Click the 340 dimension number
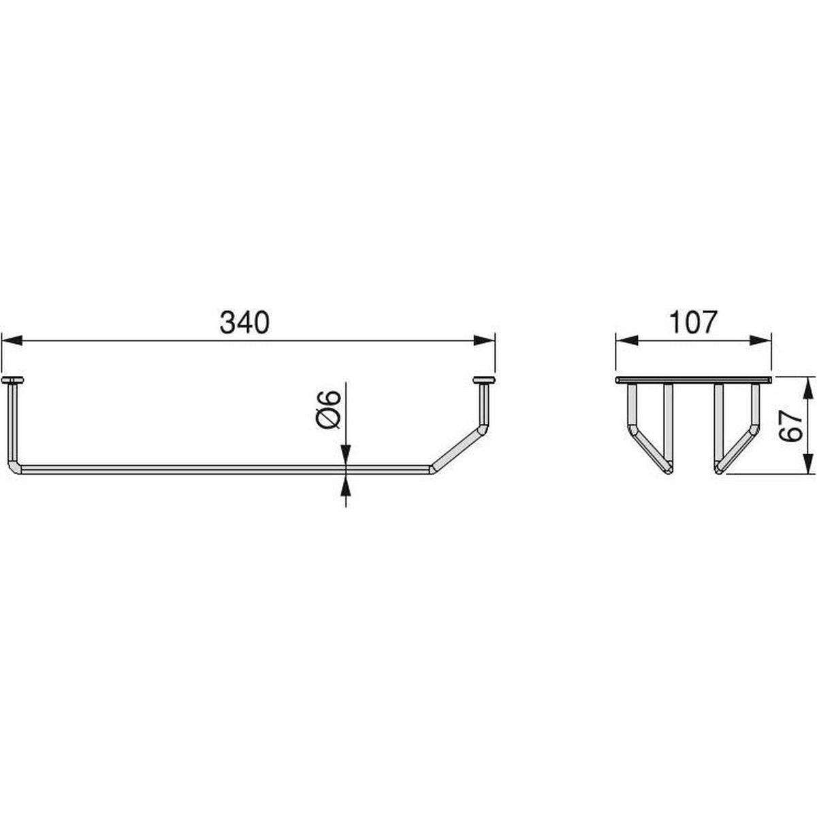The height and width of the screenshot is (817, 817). (x=244, y=323)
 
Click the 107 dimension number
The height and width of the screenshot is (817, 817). (x=692, y=323)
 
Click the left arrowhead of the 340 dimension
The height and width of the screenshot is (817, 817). (x=12, y=340)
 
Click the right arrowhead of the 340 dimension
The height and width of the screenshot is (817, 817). (x=485, y=340)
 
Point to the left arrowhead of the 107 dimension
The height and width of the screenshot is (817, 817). (x=626, y=340)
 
